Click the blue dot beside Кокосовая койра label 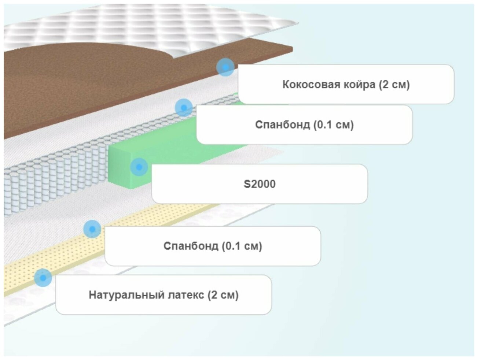tap(225, 67)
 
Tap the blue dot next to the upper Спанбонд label tap(184, 108)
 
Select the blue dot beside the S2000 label tap(139, 167)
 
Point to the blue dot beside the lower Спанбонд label tap(92, 229)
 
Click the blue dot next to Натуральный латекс tap(43, 278)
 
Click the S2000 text tap(260, 184)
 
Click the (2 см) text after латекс tap(223, 295)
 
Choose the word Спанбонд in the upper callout tap(283, 125)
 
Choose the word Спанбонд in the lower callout tap(191, 246)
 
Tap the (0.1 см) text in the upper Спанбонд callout tap(333, 125)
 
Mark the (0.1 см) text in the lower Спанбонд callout tap(242, 246)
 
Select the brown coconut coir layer tap(73, 84)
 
